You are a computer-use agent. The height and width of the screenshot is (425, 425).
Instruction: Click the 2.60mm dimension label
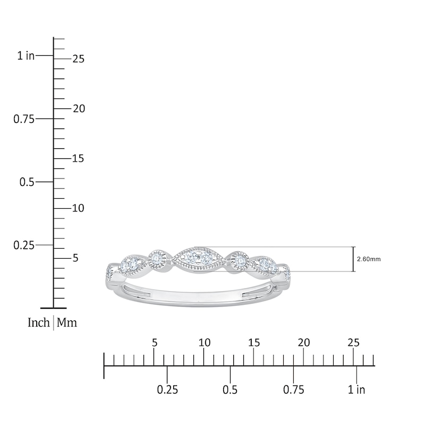pyautogui.click(x=369, y=259)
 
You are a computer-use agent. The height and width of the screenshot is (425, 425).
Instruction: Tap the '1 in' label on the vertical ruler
pyautogui.click(x=26, y=56)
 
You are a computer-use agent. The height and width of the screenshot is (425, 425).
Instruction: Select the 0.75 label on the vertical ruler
pyautogui.click(x=24, y=119)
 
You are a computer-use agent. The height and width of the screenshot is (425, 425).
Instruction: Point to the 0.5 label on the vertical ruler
pyautogui.click(x=27, y=182)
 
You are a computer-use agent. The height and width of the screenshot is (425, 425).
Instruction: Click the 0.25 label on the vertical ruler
pyautogui.click(x=24, y=245)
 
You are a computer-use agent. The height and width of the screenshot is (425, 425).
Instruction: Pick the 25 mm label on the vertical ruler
pyautogui.click(x=79, y=59)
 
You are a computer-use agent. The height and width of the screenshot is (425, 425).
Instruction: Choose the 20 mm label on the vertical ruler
pyautogui.click(x=79, y=109)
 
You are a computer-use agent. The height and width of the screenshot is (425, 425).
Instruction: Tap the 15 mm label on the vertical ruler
pyautogui.click(x=78, y=158)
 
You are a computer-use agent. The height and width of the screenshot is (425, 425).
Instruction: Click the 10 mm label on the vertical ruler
pyautogui.click(x=78, y=208)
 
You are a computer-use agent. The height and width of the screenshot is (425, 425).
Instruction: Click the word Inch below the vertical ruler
pyautogui.click(x=39, y=322)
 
